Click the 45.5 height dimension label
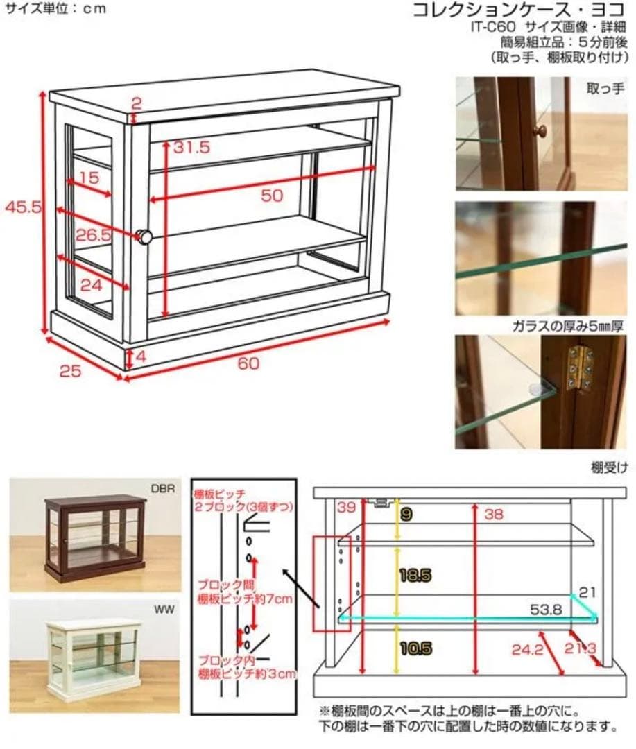[23, 207]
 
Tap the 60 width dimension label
[248, 363]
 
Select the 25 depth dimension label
[70, 370]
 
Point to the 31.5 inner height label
[191, 147]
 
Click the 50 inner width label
[272, 195]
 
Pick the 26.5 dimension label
[93, 235]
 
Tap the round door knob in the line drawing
[144, 236]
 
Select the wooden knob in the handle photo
[540, 130]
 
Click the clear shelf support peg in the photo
[540, 388]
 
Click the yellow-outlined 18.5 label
[415, 575]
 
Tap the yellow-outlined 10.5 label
[415, 648]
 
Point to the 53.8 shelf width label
[546, 610]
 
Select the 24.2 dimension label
[527, 650]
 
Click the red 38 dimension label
[494, 514]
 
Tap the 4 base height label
[141, 356]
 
